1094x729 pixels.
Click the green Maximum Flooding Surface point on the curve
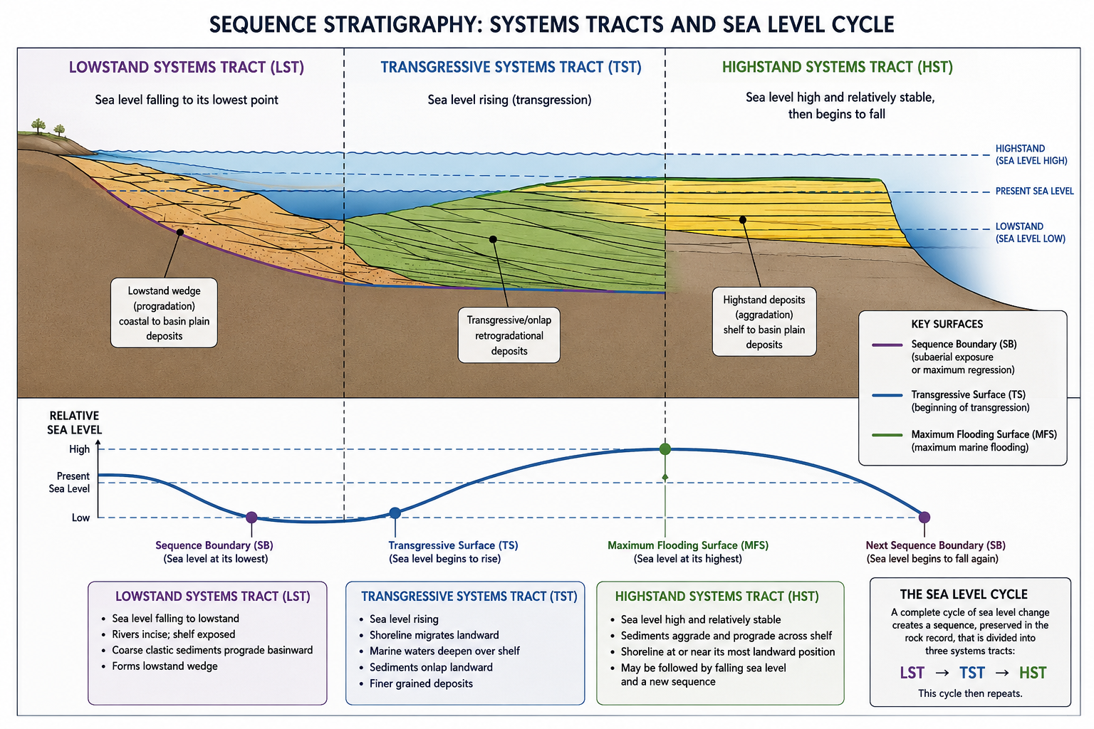665,449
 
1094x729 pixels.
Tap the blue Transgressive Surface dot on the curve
395,513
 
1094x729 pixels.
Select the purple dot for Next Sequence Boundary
924,517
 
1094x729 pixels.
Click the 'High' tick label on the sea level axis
80,449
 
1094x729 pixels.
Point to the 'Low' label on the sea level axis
80,518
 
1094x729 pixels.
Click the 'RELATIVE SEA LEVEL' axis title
74,423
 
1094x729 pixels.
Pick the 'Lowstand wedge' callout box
164,313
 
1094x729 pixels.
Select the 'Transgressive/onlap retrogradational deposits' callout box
509,335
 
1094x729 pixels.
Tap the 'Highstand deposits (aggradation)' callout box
764,322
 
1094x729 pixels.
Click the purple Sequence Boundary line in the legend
887,345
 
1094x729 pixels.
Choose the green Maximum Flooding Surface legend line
887,434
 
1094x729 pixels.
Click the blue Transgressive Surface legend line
887,395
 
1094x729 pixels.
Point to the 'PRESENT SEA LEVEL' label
1034,191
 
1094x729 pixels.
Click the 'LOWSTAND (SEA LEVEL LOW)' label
1031,232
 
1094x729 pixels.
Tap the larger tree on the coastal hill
38,125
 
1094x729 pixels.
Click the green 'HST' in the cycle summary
1033,673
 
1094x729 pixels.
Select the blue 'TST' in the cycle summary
972,673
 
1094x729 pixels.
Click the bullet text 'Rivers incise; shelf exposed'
173,634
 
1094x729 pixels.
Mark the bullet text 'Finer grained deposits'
421,683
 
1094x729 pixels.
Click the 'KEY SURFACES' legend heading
947,324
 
